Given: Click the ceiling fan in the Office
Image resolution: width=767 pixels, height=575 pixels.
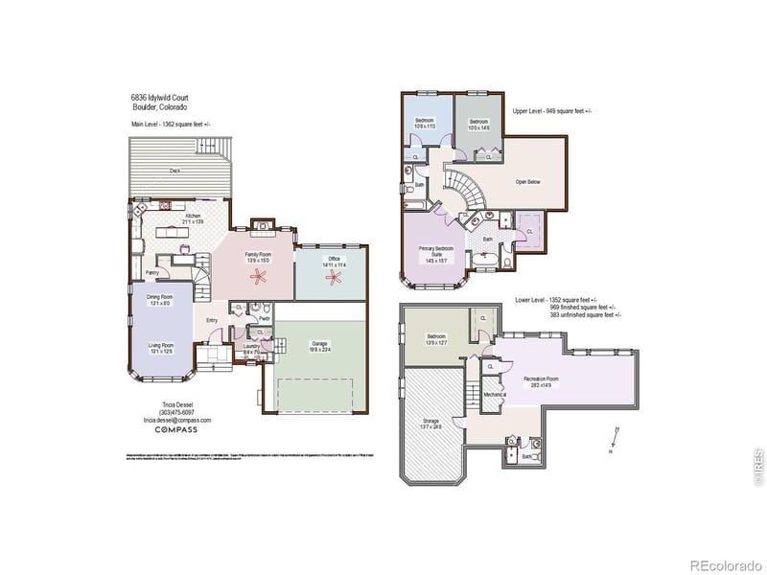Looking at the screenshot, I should [x=335, y=280].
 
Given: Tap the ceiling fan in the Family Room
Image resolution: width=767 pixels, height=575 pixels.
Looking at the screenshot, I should [x=258, y=278].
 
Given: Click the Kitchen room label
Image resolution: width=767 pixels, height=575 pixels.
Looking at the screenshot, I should [x=193, y=217].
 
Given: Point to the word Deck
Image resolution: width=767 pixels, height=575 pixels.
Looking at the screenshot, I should [x=175, y=171].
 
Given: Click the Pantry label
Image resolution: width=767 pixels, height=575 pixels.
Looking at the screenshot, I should [x=151, y=272].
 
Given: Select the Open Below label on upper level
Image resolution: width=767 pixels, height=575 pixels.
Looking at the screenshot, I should [x=527, y=181].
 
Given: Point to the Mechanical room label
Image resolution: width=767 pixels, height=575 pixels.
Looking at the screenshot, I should [x=495, y=394].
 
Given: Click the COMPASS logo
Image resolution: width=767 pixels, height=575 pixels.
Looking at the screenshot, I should [x=177, y=430].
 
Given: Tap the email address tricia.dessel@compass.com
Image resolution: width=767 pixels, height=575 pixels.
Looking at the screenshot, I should [x=177, y=420].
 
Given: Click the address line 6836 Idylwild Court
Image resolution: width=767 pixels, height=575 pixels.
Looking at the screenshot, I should [x=160, y=98].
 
